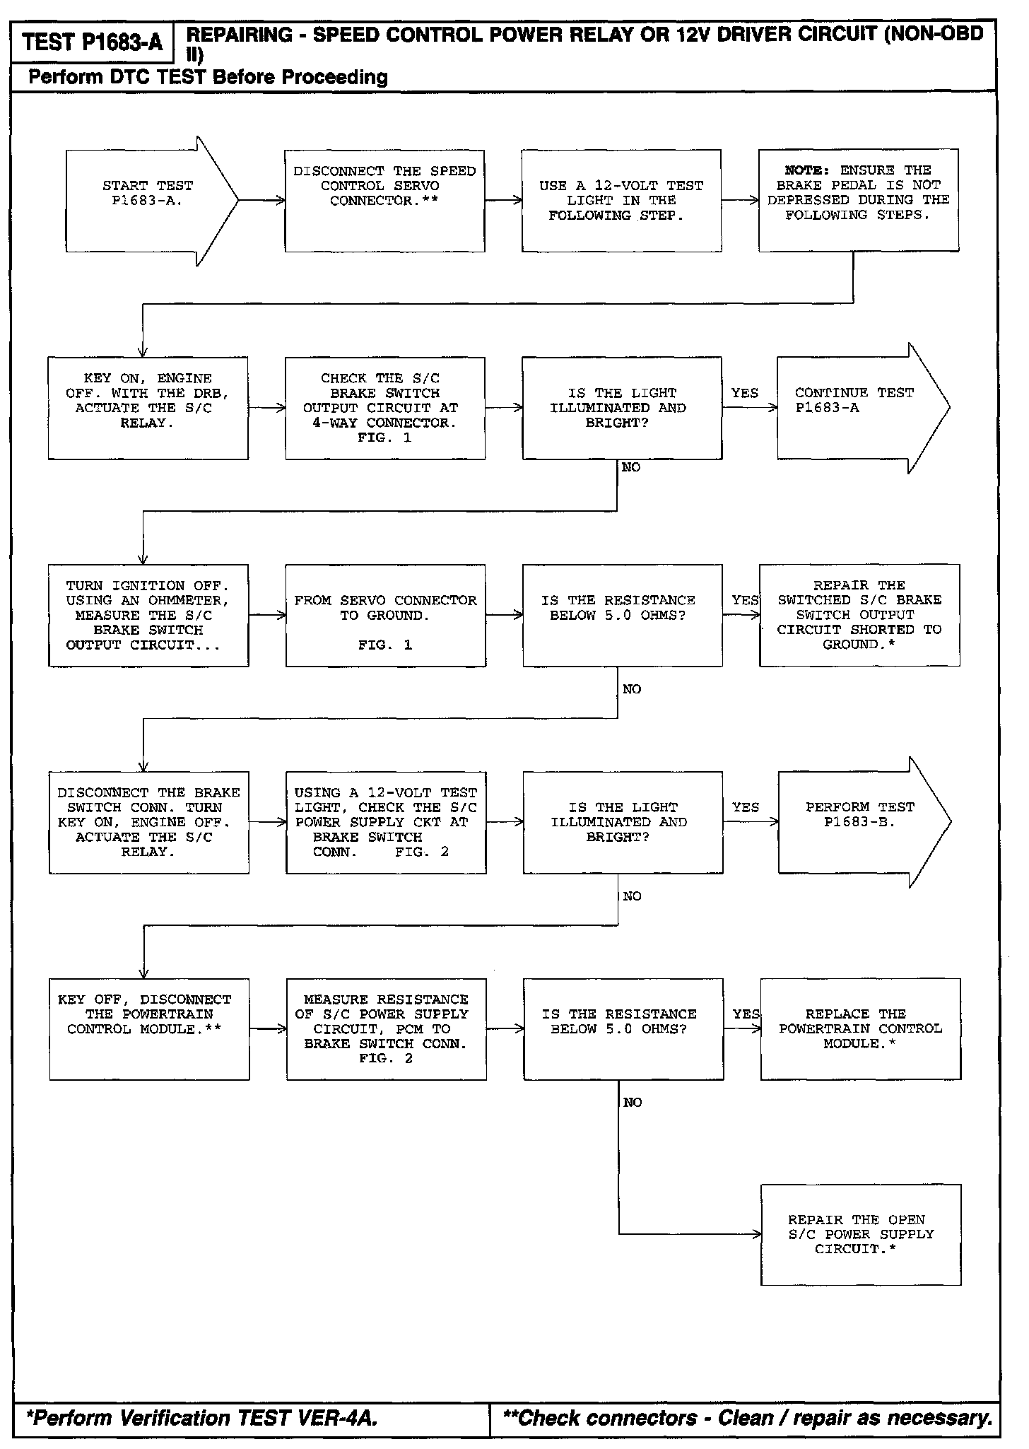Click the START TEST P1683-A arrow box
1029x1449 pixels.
[148, 201]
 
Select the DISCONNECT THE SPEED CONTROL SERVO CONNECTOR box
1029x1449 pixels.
[384, 201]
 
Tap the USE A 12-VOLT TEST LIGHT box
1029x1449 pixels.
[621, 201]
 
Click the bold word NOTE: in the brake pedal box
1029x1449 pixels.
[808, 170]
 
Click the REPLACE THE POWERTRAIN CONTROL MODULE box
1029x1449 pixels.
[860, 1029]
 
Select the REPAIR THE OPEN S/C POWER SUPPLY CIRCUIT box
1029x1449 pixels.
[860, 1234]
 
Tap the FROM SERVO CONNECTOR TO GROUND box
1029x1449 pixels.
[385, 615]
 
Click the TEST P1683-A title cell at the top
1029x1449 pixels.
[92, 43]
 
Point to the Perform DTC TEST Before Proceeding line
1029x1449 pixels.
[208, 77]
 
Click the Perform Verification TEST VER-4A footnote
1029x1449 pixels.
[201, 1418]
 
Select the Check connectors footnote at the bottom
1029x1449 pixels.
[747, 1418]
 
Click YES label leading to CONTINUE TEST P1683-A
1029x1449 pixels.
[744, 393]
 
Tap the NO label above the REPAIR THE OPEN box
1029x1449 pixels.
[633, 1103]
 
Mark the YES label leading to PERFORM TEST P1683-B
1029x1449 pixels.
[745, 807]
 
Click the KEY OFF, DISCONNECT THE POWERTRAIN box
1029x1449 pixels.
[149, 1029]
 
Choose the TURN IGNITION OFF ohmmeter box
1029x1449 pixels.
[148, 615]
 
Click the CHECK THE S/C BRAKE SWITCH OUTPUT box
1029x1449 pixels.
[385, 408]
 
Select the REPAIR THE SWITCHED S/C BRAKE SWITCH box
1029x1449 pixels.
[859, 615]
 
